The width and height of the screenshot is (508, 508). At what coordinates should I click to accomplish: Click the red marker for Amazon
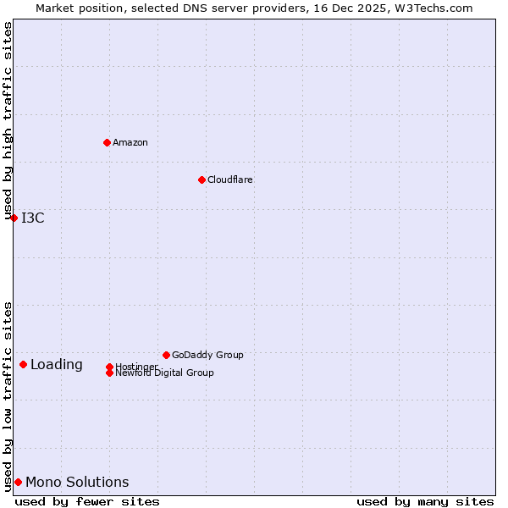107,142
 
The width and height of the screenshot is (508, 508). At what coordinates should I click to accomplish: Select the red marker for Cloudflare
202,179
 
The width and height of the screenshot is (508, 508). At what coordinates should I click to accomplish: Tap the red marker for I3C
14,218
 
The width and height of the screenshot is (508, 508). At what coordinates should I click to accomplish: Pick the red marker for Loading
23,364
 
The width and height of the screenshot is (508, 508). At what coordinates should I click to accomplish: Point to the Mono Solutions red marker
18,482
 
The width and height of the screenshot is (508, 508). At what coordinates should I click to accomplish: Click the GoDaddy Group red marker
166,355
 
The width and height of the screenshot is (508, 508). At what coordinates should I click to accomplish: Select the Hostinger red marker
109,367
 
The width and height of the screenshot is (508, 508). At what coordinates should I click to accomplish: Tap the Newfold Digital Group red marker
109,373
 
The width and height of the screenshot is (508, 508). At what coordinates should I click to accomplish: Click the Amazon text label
130,142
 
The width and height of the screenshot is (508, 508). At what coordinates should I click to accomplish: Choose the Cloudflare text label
230,179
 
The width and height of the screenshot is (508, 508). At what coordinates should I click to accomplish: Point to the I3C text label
33,218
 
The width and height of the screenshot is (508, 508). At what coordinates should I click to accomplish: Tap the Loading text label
57,364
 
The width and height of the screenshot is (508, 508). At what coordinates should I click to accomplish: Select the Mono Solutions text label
77,482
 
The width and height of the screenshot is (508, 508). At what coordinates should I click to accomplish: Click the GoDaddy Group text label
207,355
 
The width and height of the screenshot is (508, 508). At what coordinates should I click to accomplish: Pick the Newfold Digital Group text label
165,373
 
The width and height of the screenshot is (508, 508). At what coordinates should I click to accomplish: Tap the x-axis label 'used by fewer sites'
87,501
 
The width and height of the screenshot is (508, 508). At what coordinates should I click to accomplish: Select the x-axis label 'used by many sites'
425,501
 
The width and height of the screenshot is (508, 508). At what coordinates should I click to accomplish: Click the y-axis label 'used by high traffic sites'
8,121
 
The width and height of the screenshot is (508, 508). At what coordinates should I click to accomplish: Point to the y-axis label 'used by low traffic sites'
8,396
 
